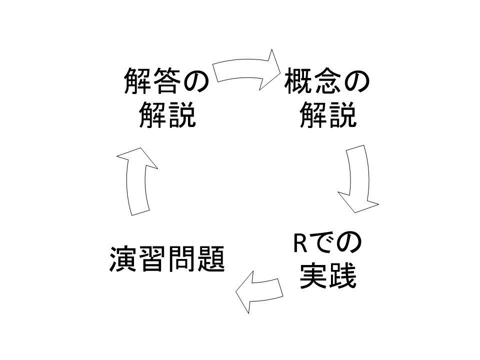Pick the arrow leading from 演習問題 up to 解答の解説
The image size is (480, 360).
(137, 180)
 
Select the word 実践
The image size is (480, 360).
(328, 277)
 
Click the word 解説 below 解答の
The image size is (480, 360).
(166, 115)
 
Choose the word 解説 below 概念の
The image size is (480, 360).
(328, 115)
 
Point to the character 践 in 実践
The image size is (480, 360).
(342, 277)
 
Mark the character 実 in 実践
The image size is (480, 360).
(313, 277)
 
